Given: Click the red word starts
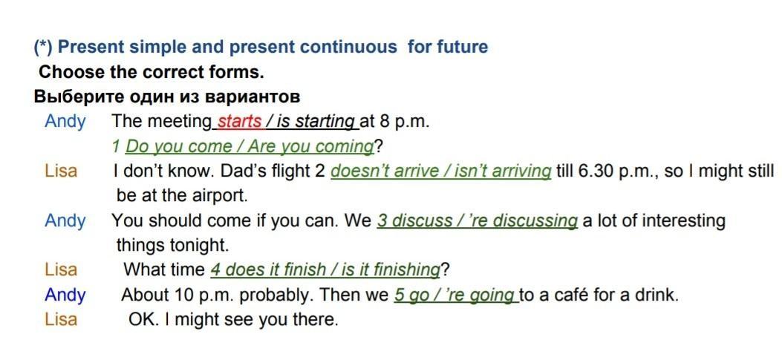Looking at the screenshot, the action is coord(239,122).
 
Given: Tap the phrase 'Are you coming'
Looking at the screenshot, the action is coord(310,147).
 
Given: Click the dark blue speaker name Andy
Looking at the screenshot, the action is coord(65,296).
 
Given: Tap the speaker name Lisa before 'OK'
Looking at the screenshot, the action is coord(61,319).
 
